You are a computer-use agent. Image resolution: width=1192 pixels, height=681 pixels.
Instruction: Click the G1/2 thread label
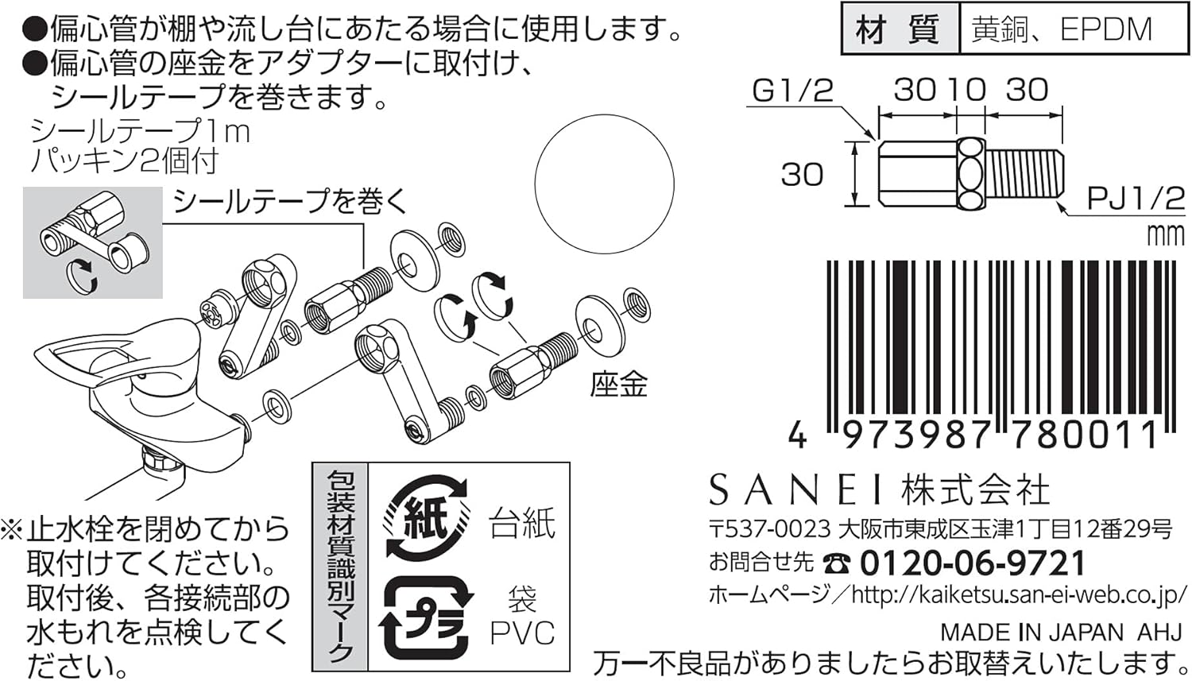792,91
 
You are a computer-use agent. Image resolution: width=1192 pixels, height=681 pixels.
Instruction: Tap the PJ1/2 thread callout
1135,198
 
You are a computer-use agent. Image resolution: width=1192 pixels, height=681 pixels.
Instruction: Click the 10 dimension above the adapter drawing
965,90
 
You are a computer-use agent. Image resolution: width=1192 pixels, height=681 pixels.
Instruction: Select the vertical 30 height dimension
802,174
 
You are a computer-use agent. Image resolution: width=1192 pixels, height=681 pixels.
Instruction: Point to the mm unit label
1165,235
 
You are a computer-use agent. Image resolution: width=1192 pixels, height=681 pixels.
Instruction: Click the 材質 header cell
899,29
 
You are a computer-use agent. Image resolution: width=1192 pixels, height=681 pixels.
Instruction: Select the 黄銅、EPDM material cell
1061,29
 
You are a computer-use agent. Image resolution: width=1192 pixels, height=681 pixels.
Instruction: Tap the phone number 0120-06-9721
972,563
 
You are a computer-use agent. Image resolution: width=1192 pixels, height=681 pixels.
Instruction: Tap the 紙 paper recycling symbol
427,518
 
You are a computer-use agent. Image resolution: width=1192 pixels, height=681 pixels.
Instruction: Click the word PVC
522,633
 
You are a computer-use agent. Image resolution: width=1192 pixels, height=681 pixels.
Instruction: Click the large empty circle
604,184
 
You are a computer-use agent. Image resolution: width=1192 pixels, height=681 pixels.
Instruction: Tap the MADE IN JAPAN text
1031,633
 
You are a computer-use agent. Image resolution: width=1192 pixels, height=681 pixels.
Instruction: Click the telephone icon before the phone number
835,564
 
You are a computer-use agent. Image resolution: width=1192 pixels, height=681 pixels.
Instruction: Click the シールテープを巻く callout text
290,201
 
